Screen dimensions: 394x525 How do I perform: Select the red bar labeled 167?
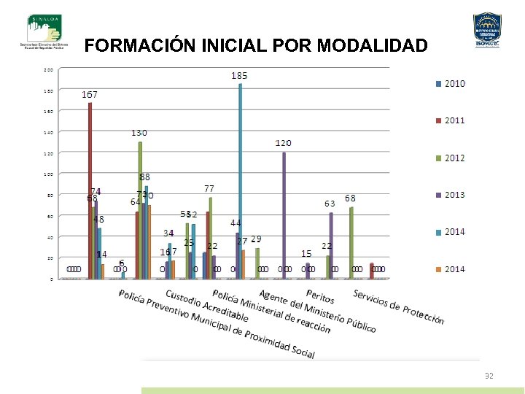click(90, 190)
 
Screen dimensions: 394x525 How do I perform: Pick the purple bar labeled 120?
click(284, 215)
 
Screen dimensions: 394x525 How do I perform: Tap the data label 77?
click(209, 189)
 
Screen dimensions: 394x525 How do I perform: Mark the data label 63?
click(330, 204)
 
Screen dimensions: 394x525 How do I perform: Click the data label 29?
click(256, 239)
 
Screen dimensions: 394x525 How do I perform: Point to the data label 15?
click(306, 253)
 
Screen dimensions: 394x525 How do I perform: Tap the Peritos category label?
click(320, 298)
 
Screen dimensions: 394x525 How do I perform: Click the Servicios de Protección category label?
click(398, 306)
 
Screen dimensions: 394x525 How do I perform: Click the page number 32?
click(489, 376)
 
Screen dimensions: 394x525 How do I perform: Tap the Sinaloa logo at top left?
click(44, 31)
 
